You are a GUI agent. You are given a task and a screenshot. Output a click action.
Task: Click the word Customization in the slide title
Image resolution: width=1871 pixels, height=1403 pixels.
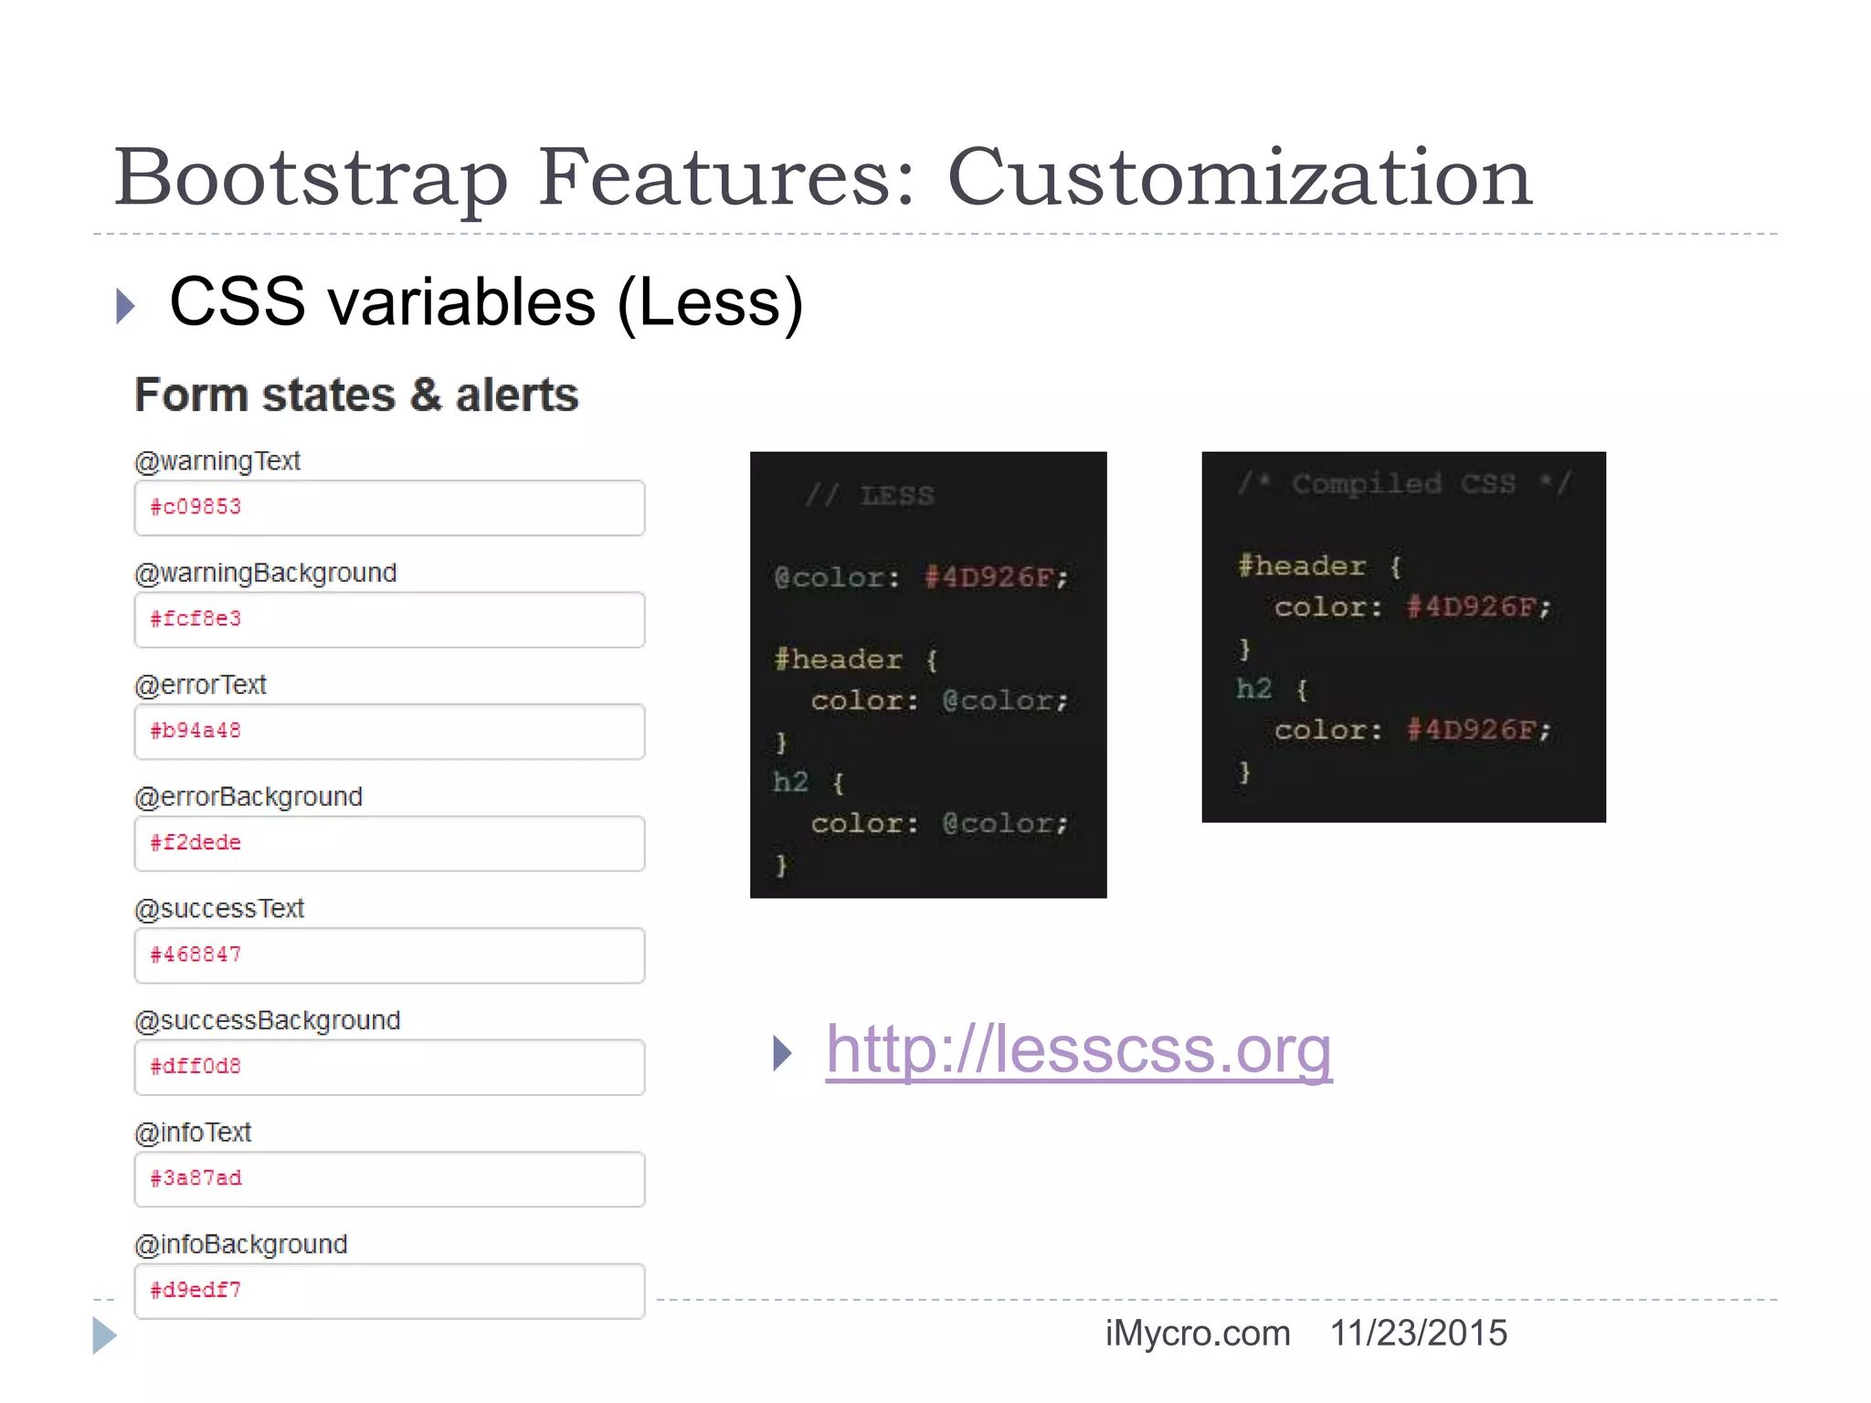pyautogui.click(x=1239, y=177)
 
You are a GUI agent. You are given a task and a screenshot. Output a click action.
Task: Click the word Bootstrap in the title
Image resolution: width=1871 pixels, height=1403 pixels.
pyautogui.click(x=311, y=179)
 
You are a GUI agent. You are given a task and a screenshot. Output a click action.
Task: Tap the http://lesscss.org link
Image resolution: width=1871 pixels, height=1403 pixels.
pyautogui.click(x=1078, y=1050)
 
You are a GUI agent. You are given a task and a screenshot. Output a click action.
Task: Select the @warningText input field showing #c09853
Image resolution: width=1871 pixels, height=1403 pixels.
pyautogui.click(x=389, y=508)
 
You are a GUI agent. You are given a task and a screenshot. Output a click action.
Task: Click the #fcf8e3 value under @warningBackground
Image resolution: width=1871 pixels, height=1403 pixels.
pyautogui.click(x=389, y=619)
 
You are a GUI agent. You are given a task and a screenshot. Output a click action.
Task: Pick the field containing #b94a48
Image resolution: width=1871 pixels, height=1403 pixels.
pyautogui.click(x=389, y=732)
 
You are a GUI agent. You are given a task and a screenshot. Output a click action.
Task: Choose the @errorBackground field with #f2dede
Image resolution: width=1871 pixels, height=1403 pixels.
pyautogui.click(x=389, y=843)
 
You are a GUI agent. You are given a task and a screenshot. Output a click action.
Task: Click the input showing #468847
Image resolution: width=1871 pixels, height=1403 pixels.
pyautogui.click(x=389, y=955)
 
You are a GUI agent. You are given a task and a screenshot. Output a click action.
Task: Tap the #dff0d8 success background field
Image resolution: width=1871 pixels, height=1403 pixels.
pyautogui.click(x=389, y=1067)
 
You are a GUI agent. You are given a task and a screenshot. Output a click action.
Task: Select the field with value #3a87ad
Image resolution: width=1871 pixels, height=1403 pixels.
pyautogui.click(x=389, y=1179)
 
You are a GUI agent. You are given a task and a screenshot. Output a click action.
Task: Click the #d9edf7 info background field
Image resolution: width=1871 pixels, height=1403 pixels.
pyautogui.click(x=389, y=1291)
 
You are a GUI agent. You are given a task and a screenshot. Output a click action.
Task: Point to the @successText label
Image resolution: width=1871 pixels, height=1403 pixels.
pyautogui.click(x=219, y=909)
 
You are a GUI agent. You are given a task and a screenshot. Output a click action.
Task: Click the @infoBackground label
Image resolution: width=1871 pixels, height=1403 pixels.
pyautogui.click(x=241, y=1244)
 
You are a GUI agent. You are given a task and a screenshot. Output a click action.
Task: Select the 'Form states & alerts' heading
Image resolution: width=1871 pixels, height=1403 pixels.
pyautogui.click(x=356, y=396)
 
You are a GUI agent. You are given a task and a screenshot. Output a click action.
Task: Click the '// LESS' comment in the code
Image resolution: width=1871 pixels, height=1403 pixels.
pyautogui.click(x=870, y=496)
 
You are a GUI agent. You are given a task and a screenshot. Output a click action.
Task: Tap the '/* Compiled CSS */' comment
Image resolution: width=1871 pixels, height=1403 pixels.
pyautogui.click(x=1403, y=483)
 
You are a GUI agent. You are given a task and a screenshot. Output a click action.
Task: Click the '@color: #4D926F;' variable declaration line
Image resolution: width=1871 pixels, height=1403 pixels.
pyautogui.click(x=921, y=577)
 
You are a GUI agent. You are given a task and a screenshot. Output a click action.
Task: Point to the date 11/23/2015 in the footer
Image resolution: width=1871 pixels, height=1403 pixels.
pyautogui.click(x=1418, y=1334)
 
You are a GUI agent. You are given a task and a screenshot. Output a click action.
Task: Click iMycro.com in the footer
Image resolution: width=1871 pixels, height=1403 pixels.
pyautogui.click(x=1198, y=1334)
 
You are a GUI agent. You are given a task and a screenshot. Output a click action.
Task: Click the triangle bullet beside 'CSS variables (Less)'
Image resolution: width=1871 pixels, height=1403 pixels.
pyautogui.click(x=126, y=306)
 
